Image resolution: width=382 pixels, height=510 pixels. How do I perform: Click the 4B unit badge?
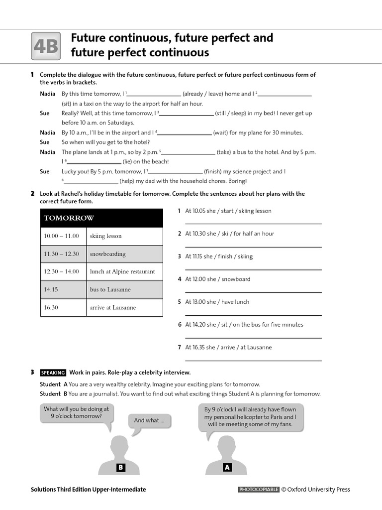pos(46,46)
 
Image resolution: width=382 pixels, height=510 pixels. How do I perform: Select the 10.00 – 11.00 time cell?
pos(62,236)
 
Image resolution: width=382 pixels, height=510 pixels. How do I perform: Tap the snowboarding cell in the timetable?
pos(125,254)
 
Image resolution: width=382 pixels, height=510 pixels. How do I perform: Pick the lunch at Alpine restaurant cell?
pos(125,272)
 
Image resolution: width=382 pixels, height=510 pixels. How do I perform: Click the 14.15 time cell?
pos(62,290)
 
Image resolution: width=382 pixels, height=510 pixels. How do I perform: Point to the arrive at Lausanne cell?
pos(125,308)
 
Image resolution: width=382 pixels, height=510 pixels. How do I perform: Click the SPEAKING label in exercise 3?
pos(53,373)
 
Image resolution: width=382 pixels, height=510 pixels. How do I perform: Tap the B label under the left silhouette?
pos(120,468)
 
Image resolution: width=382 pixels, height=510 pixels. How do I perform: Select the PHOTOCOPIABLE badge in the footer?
pos(259,490)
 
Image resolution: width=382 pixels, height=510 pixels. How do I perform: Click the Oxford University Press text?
pos(319,490)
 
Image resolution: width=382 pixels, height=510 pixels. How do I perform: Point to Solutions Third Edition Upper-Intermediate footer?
pos(88,490)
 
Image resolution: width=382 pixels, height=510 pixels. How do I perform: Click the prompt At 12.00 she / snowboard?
pos(218,279)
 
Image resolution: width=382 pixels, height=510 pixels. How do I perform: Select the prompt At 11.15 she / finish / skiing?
pos(219,256)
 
